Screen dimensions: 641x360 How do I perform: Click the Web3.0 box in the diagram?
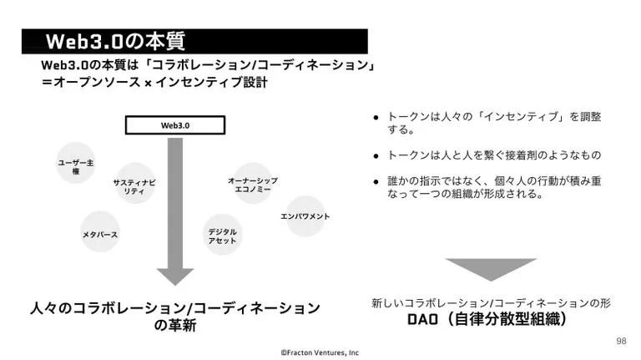pyautogui.click(x=175, y=125)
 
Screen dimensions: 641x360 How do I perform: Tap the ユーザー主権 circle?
pyautogui.click(x=76, y=163)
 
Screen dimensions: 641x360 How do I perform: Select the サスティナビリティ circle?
pyautogui.click(x=135, y=183)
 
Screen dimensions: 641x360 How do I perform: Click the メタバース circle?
pyautogui.click(x=100, y=231)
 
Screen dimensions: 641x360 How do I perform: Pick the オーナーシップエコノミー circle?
pyautogui.click(x=253, y=183)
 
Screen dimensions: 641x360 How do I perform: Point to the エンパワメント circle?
pyautogui.click(x=305, y=216)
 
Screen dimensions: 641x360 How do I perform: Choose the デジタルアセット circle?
pyautogui.click(x=222, y=235)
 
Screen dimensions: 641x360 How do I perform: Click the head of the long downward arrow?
pyautogui.click(x=175, y=276)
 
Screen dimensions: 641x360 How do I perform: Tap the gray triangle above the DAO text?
pyautogui.click(x=491, y=268)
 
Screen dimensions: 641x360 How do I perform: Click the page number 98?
pyautogui.click(x=621, y=341)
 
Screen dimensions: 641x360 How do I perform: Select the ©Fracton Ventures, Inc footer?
pyautogui.click(x=320, y=352)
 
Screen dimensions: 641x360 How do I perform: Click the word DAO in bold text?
pyautogui.click(x=422, y=319)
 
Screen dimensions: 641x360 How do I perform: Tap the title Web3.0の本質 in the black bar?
pyautogui.click(x=115, y=41)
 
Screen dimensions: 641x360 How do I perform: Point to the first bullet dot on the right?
pyautogui.click(x=376, y=119)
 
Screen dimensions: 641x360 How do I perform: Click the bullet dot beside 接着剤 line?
pyautogui.click(x=376, y=156)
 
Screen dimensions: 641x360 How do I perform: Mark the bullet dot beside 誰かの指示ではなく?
pyautogui.click(x=376, y=181)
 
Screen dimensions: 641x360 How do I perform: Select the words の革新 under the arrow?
pyautogui.click(x=175, y=325)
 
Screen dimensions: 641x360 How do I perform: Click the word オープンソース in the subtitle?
pyautogui.click(x=97, y=82)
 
